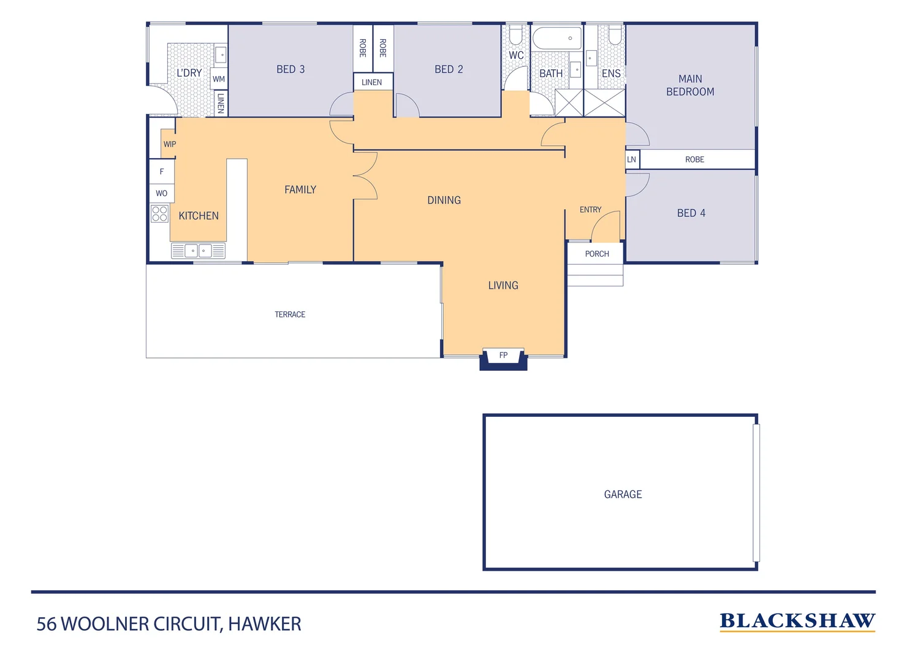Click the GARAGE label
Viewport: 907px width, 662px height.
click(623, 494)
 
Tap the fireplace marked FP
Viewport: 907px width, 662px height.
click(503, 356)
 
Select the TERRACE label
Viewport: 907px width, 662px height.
click(290, 314)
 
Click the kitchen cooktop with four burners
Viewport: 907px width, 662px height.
click(159, 213)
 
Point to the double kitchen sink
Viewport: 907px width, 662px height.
click(197, 251)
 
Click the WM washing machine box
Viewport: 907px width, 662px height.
click(219, 79)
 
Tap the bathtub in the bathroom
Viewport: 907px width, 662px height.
click(556, 39)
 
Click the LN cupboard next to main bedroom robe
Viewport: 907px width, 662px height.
click(632, 159)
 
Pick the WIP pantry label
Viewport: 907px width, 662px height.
click(169, 144)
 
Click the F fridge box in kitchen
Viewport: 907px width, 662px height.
click(162, 172)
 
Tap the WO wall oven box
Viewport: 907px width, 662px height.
click(162, 193)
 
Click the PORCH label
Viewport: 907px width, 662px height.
click(596, 254)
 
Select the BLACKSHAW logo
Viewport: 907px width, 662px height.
click(797, 621)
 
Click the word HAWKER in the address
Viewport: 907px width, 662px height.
click(264, 624)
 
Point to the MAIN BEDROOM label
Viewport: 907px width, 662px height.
click(690, 85)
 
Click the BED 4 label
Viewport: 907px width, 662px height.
click(691, 213)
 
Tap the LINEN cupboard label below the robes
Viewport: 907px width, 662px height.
click(372, 82)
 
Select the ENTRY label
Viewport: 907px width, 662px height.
click(590, 210)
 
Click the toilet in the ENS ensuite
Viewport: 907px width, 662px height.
click(615, 34)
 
